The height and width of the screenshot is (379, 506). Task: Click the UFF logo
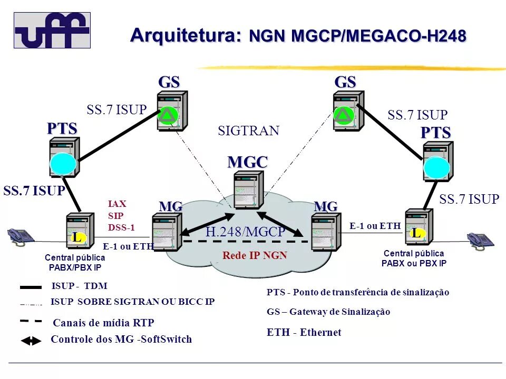52,31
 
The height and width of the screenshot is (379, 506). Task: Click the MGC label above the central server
248,162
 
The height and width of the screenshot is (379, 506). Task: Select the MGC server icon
248,189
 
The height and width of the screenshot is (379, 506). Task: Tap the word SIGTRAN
249,131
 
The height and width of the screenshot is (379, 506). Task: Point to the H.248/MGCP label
245,232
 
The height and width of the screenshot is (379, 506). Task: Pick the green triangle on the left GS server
168,114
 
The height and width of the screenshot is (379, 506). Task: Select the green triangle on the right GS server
344,114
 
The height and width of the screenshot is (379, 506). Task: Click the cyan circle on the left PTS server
63,164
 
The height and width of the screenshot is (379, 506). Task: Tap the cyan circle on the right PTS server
437,167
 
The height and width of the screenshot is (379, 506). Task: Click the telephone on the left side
22,237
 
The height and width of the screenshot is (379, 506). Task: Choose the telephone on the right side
480,240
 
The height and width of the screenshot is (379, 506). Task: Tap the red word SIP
115,216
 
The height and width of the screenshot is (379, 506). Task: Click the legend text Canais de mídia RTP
104,323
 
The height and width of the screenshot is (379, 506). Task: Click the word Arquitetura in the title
186,35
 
